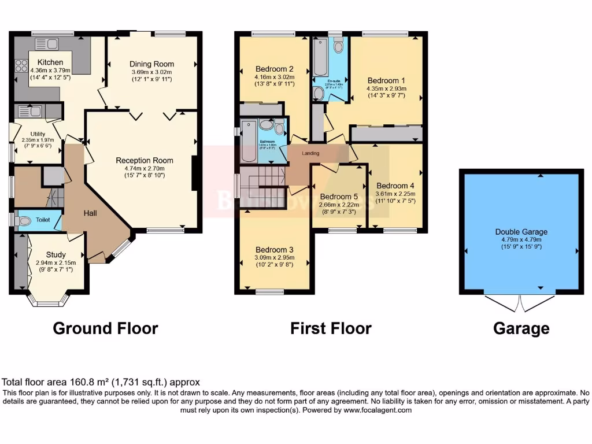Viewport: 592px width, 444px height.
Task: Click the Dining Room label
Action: (151, 64)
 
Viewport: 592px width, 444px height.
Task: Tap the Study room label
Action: (55, 254)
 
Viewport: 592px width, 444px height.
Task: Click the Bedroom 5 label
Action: (339, 196)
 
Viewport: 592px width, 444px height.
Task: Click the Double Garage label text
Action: (521, 232)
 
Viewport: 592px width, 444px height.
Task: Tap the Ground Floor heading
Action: (105, 328)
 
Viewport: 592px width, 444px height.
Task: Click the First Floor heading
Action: (331, 328)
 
